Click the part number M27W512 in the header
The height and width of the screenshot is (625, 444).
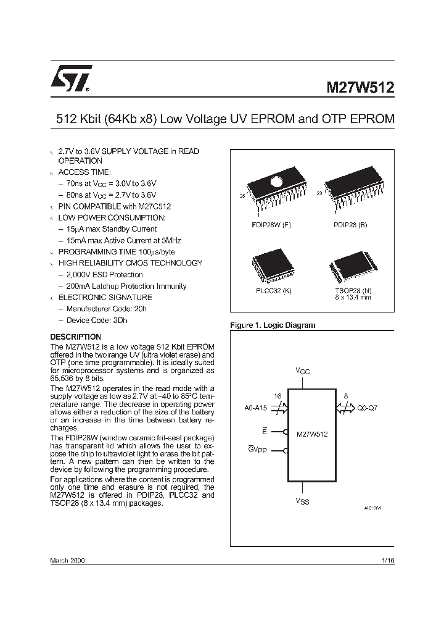pyautogui.click(x=360, y=88)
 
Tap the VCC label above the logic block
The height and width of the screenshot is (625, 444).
pyautogui.click(x=302, y=371)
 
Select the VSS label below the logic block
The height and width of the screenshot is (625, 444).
pyautogui.click(x=302, y=501)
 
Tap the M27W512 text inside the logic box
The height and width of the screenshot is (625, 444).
pyautogui.click(x=312, y=434)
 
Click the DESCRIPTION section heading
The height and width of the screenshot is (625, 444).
pyautogui.click(x=75, y=337)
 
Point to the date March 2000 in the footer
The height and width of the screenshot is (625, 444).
pyautogui.click(x=67, y=560)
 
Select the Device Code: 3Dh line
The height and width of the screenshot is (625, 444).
pyautogui.click(x=96, y=320)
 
